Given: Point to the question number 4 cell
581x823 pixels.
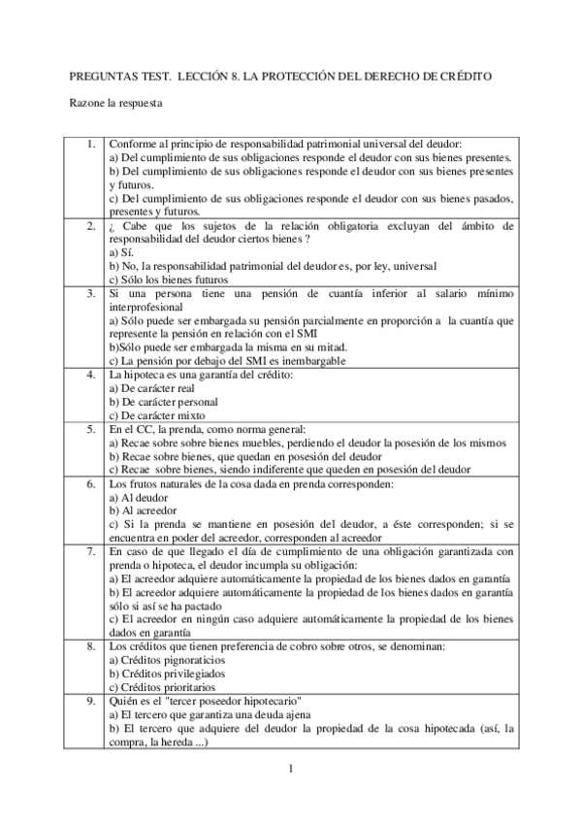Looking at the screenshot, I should [90, 374].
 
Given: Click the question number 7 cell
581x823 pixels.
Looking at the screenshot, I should [90, 551].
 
